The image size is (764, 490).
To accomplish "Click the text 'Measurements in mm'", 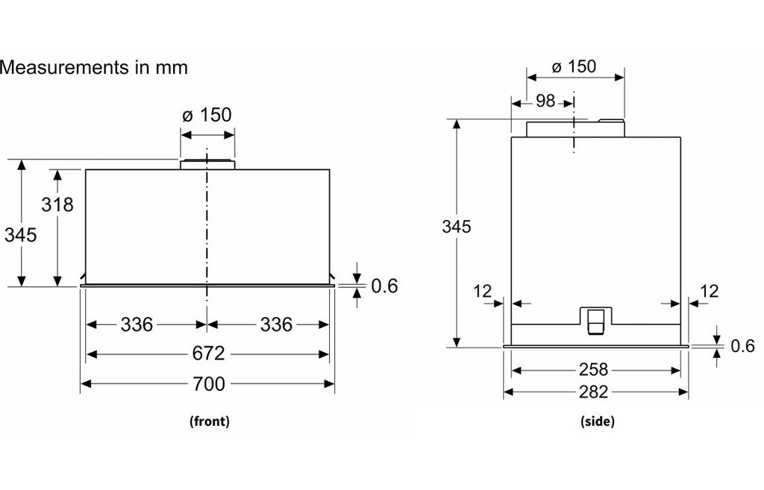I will coord(94,67).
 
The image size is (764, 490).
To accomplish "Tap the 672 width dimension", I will coord(209,353).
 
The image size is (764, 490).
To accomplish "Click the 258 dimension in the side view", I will coord(594,369).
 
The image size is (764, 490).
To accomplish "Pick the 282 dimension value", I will coord(594,392).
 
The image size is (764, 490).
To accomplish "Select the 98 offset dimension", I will coord(545,101).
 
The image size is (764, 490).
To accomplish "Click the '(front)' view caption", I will coord(209,421).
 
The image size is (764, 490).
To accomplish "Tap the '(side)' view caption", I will coord(597,421).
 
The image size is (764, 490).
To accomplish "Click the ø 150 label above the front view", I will coord(207,115).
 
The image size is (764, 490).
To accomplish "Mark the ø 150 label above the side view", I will coord(574,66).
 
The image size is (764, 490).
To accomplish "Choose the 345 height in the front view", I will coord(20,235).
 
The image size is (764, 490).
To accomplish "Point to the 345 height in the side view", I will coord(457,227).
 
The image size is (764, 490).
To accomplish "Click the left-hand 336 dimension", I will coord(137,324).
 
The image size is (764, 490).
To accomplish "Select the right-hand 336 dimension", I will coord(277,324).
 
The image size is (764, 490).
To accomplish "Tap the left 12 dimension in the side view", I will coord(483,291).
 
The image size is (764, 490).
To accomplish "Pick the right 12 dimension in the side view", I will coord(710,291).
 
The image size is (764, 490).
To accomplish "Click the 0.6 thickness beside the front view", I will coord(384,286).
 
